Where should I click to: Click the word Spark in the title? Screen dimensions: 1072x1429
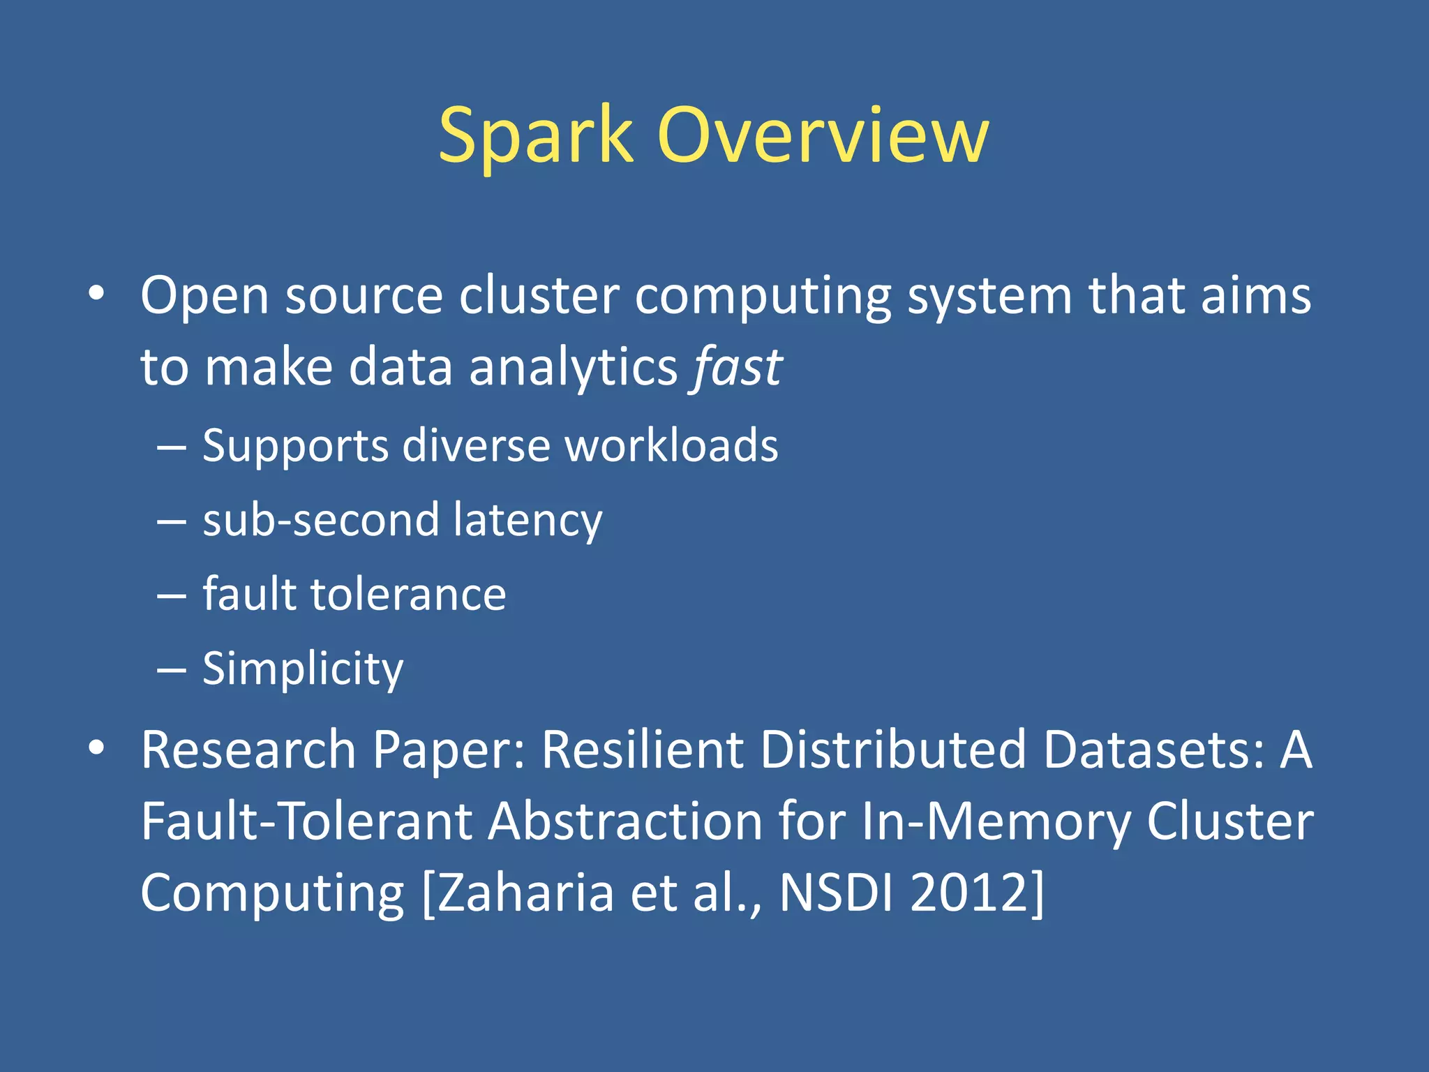click(x=535, y=136)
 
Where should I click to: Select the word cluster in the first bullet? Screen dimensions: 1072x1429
click(x=539, y=295)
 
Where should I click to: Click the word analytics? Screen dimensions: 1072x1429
click(x=573, y=368)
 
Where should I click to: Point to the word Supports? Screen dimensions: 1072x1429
click(x=294, y=447)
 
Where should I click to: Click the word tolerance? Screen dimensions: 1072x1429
click(x=408, y=595)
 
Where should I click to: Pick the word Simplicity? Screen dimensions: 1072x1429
click(x=303, y=669)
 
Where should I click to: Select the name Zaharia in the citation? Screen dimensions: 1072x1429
click(x=525, y=893)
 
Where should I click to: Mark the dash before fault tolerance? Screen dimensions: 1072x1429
click(x=172, y=596)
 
